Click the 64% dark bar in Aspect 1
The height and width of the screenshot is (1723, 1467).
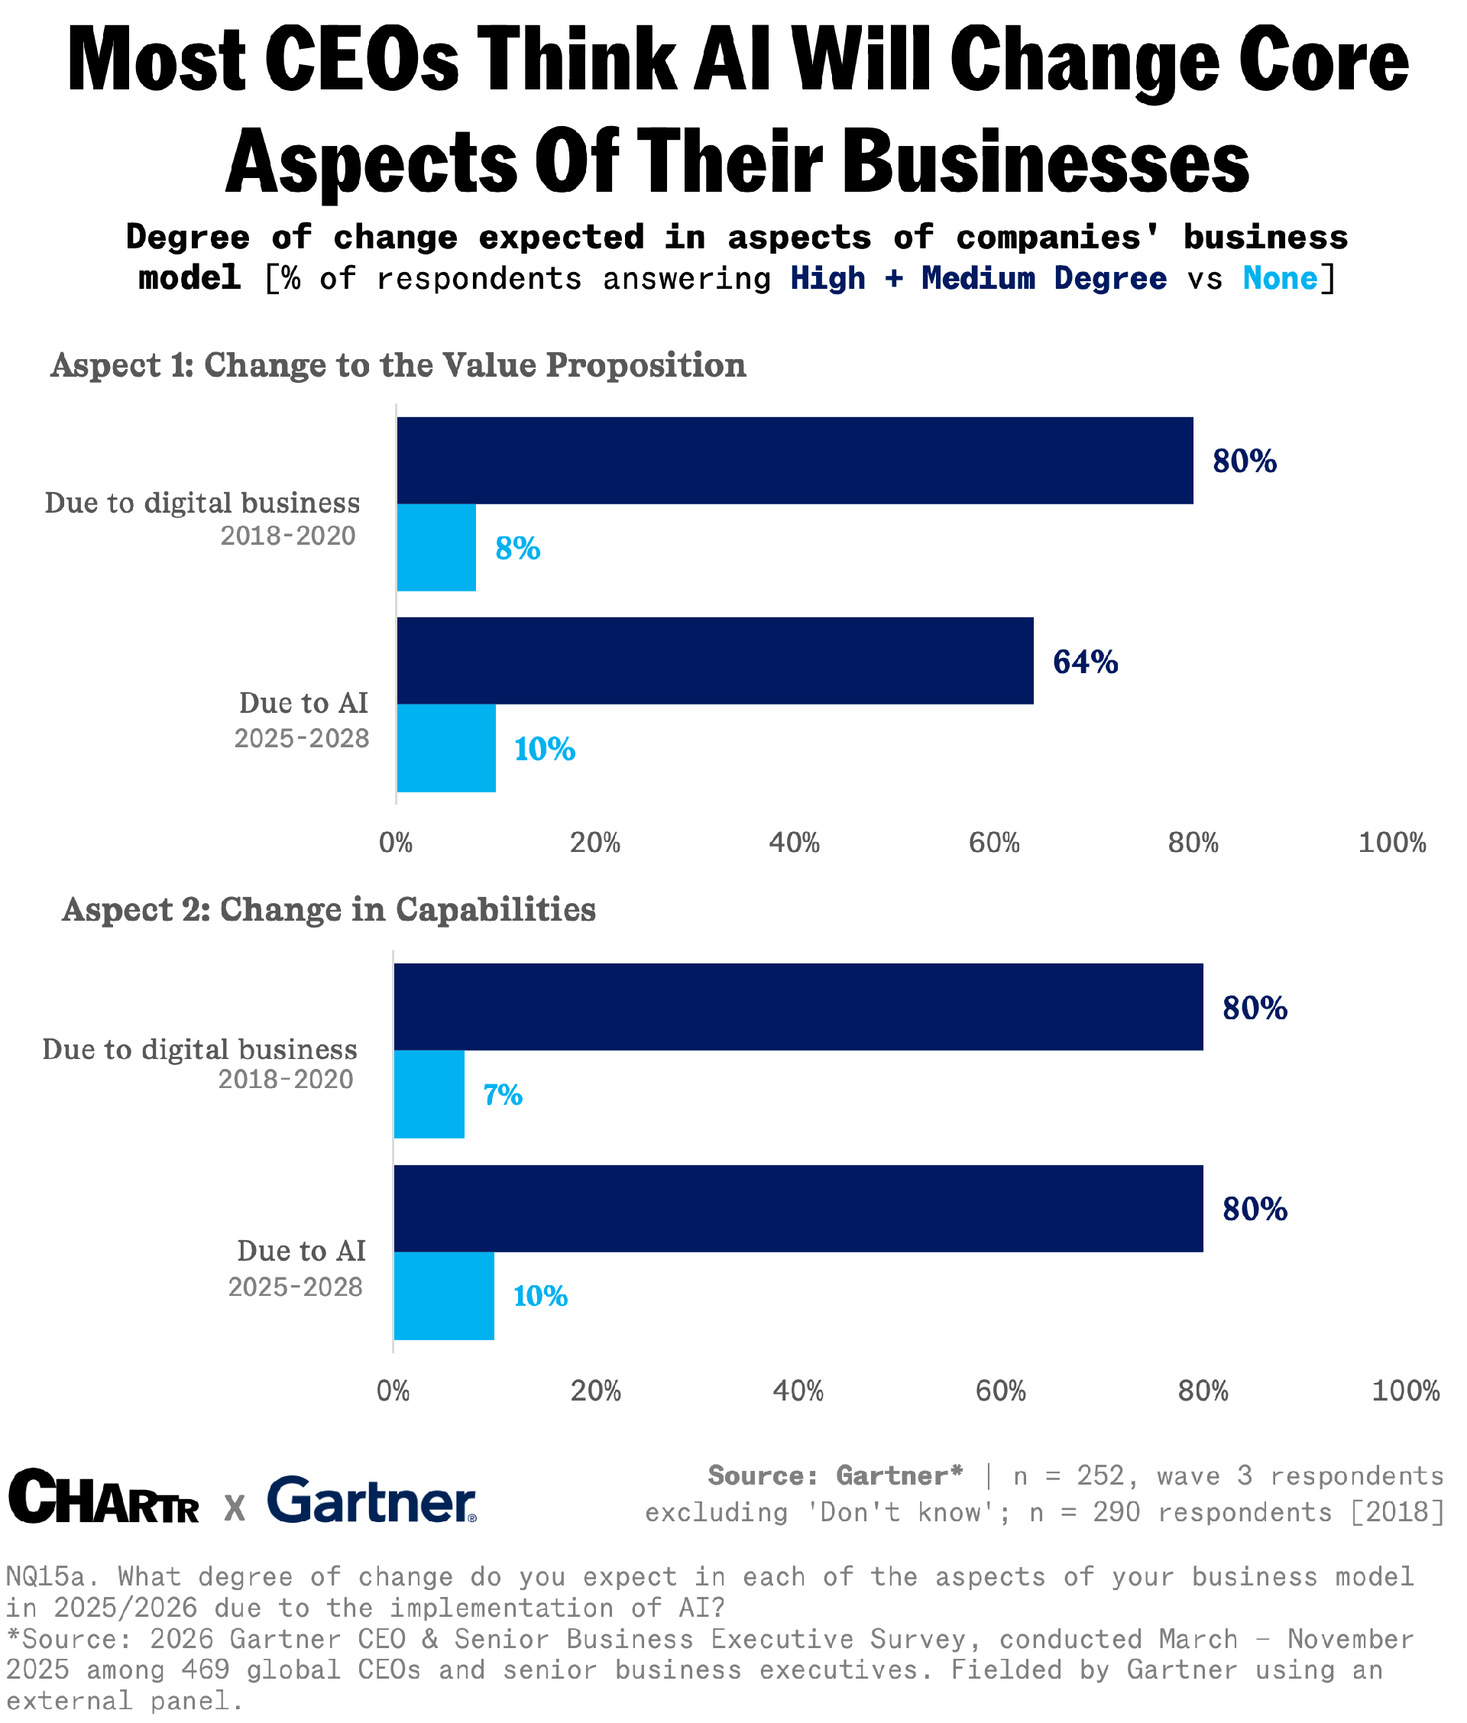(715, 660)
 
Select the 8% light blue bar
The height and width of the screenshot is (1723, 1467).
(436, 547)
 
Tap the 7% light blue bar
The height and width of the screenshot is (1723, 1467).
(429, 1093)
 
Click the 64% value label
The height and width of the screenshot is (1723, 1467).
(1085, 662)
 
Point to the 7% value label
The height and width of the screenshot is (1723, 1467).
(504, 1094)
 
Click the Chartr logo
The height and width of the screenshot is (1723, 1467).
(104, 1498)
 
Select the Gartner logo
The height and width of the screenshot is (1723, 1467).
(372, 1499)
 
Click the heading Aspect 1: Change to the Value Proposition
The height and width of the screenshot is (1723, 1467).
(398, 365)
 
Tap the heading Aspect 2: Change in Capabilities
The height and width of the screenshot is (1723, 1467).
(329, 909)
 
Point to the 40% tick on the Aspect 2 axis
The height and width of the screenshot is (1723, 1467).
(798, 1391)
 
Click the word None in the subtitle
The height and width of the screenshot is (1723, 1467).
(1280, 277)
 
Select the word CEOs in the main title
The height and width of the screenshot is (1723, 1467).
(363, 60)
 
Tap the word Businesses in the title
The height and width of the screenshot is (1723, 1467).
(1045, 160)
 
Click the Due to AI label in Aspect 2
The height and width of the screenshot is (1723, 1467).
(301, 1250)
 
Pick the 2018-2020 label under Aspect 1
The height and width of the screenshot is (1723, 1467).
(288, 536)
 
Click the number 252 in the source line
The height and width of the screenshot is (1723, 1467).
(1100, 1475)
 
